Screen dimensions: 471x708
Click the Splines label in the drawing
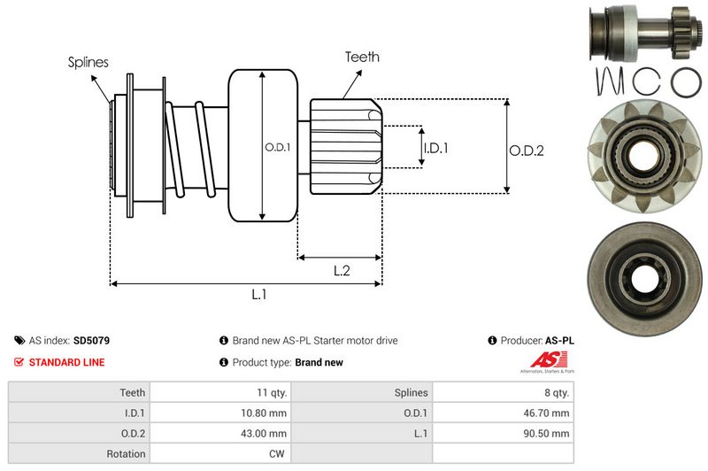tap(88, 63)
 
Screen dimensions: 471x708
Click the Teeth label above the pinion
tap(362, 57)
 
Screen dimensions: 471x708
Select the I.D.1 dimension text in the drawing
tap(435, 148)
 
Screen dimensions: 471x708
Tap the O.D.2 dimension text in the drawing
tap(526, 151)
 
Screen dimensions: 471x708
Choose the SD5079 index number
tap(91, 340)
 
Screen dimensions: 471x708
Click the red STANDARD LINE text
tap(66, 362)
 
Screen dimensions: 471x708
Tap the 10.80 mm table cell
tap(265, 413)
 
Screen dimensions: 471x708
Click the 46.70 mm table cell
tap(548, 413)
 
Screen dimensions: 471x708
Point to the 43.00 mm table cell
tap(265, 434)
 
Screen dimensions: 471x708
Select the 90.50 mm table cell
tap(548, 434)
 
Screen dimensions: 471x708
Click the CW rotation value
tap(278, 454)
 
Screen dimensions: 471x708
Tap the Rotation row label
tap(126, 454)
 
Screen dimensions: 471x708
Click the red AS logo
tap(542, 359)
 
